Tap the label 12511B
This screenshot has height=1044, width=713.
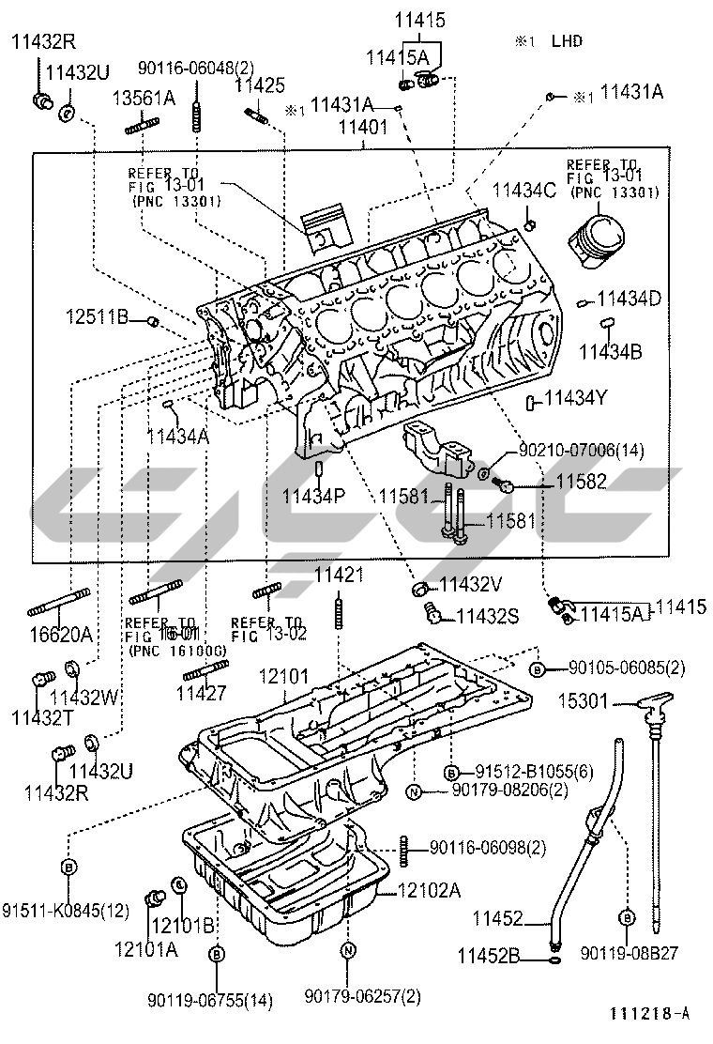coord(97,317)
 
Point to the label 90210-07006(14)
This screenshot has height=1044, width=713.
coord(581,452)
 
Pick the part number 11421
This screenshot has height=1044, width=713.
coord(339,575)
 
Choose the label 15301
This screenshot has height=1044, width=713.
coord(585,700)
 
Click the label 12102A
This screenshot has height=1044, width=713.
coord(429,890)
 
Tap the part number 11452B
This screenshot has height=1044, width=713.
coord(489,956)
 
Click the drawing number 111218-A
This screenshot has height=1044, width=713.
coord(649,1013)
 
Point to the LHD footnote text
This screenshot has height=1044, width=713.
coord(567,40)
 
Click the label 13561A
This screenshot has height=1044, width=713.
coord(144,97)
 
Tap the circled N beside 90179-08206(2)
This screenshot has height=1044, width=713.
coord(413,792)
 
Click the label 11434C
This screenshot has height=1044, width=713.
coord(524,191)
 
